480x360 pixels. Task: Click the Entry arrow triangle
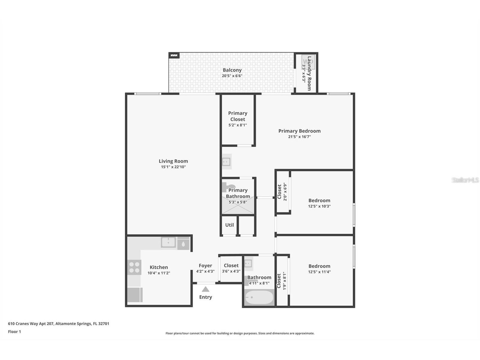tap(205, 289)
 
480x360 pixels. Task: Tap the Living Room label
tap(173, 161)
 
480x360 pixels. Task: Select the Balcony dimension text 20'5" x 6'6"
tap(232, 76)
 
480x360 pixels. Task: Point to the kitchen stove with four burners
tap(134, 267)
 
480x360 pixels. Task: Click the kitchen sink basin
tap(168, 242)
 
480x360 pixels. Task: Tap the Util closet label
tap(229, 225)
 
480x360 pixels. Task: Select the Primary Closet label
tap(238, 116)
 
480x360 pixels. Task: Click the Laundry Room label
tap(309, 73)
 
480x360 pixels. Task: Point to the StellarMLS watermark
tap(465, 180)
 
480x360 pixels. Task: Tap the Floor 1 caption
tap(14, 332)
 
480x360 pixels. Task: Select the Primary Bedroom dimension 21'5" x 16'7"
tap(299, 137)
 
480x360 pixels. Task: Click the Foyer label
tap(205, 265)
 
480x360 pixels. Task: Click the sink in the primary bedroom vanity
tap(226, 162)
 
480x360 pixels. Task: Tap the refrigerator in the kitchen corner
tap(134, 295)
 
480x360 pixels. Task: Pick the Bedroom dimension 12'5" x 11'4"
tap(319, 272)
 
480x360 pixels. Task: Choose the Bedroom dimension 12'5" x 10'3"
tap(319, 206)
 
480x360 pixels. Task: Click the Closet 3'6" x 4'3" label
tap(231, 265)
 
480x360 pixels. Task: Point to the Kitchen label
tap(159, 267)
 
